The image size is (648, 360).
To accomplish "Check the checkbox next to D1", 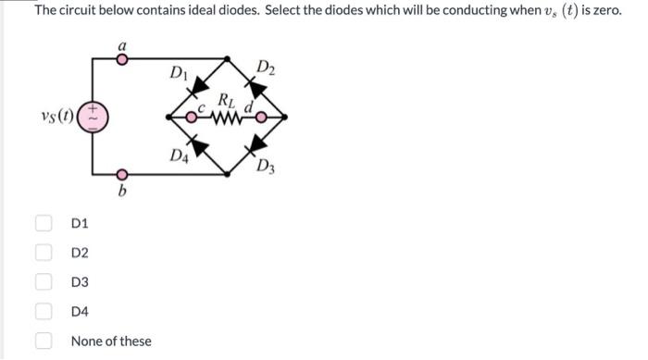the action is [44, 223].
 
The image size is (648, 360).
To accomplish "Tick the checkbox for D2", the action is [44, 253].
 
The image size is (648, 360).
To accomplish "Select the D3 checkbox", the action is [44, 282].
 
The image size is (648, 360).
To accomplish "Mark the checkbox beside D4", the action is [44, 312].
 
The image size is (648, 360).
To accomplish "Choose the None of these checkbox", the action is [44, 341].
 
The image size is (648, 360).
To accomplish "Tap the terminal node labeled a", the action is [121, 57].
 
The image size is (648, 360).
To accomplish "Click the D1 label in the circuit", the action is [180, 70].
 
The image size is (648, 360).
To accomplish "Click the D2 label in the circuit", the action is [266, 67].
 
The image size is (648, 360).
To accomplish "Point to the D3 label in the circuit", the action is [267, 168].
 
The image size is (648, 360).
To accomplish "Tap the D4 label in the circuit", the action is [181, 155].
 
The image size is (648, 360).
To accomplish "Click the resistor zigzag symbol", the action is [228, 117].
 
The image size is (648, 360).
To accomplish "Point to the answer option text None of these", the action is [111, 341].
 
